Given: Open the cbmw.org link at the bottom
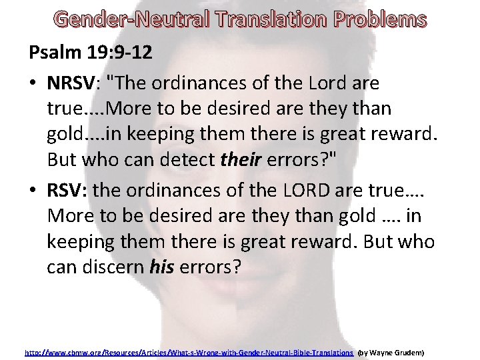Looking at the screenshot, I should click(189, 351).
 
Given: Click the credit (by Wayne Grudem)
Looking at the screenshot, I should click(391, 351).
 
